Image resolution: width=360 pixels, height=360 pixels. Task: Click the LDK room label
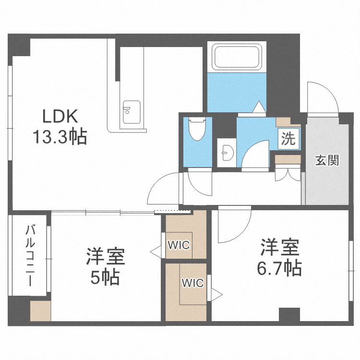[60, 117]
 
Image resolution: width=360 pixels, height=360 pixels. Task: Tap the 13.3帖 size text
[60, 138]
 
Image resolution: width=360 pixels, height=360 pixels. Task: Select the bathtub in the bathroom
[237, 57]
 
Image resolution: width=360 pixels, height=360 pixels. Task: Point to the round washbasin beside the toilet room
[226, 153]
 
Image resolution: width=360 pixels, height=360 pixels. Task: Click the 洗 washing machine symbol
[288, 139]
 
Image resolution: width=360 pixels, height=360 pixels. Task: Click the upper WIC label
[179, 245]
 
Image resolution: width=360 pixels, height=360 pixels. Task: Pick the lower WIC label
[192, 283]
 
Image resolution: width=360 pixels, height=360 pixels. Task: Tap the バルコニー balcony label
[29, 255]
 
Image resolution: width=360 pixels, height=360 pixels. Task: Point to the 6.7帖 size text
[280, 268]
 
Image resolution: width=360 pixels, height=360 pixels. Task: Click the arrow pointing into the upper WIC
[155, 250]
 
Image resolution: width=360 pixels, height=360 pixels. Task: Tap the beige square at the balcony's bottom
[39, 312]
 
